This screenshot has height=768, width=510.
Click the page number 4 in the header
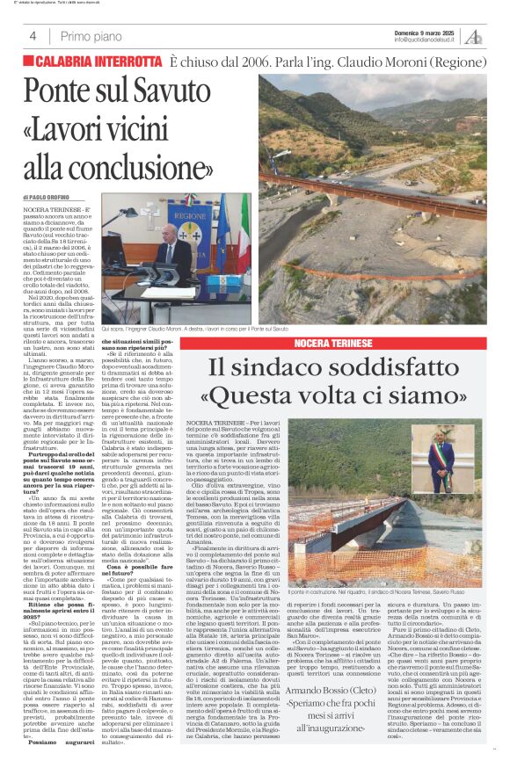click(x=33, y=37)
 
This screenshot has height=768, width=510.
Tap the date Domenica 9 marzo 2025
click(x=424, y=33)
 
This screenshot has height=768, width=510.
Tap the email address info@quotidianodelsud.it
click(x=424, y=40)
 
